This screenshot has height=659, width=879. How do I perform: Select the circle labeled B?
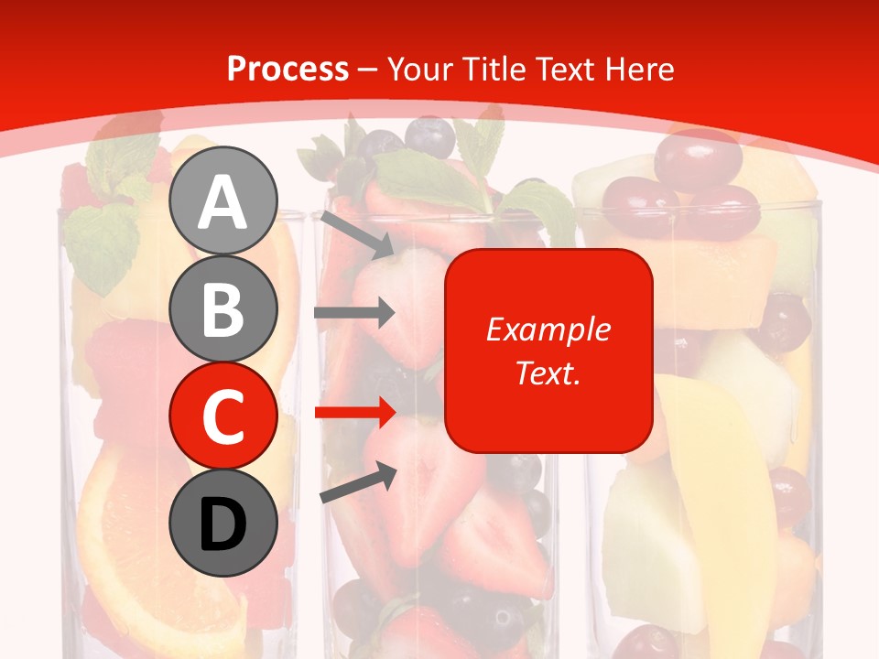coord(223,308)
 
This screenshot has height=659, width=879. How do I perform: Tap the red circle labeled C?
coord(223,416)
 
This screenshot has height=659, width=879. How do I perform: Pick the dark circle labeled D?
coord(223,523)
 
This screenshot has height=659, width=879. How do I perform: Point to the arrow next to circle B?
coord(354,313)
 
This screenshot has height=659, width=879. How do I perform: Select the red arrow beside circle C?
coord(354,413)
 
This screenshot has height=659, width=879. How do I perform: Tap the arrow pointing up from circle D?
coord(358,482)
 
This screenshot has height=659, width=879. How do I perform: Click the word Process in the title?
coord(288,69)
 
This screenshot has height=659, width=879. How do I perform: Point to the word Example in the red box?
coord(548,329)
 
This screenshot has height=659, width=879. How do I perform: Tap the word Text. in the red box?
coord(548,373)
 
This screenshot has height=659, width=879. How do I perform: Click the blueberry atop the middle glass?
coord(429,137)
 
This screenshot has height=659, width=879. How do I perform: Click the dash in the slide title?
coord(368,70)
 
